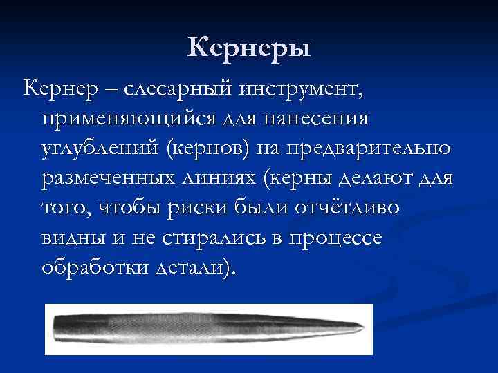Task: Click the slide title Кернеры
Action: [x=249, y=48]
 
